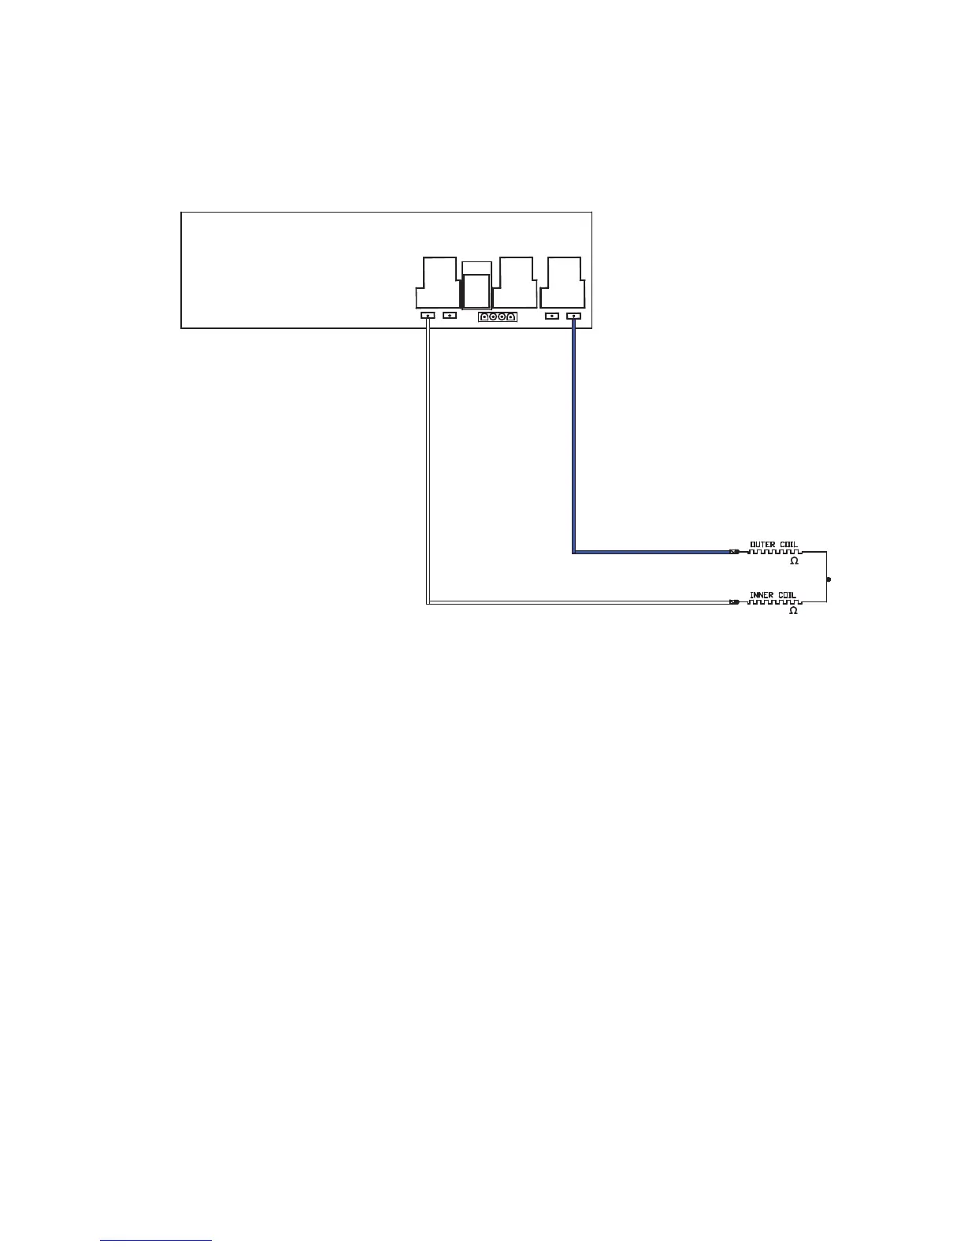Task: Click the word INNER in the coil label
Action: (761, 595)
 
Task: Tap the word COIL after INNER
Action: (786, 595)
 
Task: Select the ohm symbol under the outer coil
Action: (794, 561)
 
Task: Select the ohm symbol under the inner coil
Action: (794, 611)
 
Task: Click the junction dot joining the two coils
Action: (828, 579)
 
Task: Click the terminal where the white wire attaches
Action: (428, 316)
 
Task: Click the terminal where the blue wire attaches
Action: (573, 316)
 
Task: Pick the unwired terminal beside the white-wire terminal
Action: (450, 316)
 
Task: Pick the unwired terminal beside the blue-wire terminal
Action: (552, 316)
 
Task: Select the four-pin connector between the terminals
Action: (497, 316)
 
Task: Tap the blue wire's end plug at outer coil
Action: (734, 552)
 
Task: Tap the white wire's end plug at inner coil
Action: (734, 603)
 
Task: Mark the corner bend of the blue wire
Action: (573, 552)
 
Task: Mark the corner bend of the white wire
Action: (428, 603)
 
